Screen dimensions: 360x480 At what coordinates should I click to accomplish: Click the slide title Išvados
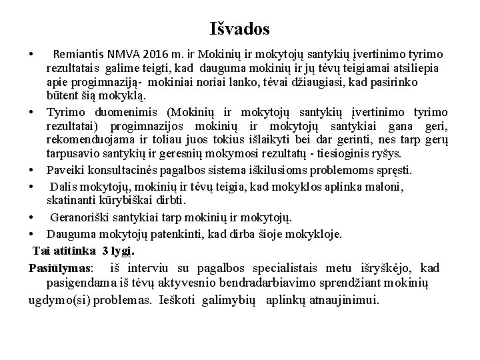point(239,29)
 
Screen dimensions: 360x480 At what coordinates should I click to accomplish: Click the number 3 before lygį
point(106,251)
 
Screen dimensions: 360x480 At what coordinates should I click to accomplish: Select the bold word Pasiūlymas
point(61,268)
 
